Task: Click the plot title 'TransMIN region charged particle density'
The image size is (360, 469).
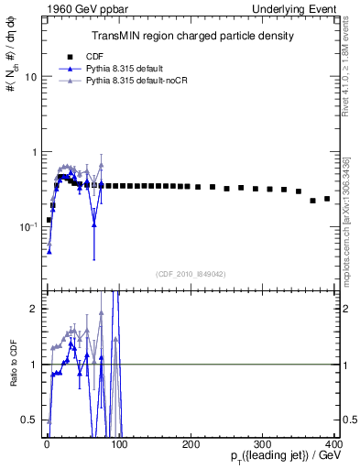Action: pos(192,36)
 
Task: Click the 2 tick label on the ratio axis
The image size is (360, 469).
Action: pos(32,309)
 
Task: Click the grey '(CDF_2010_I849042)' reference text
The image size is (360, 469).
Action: pos(191,273)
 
